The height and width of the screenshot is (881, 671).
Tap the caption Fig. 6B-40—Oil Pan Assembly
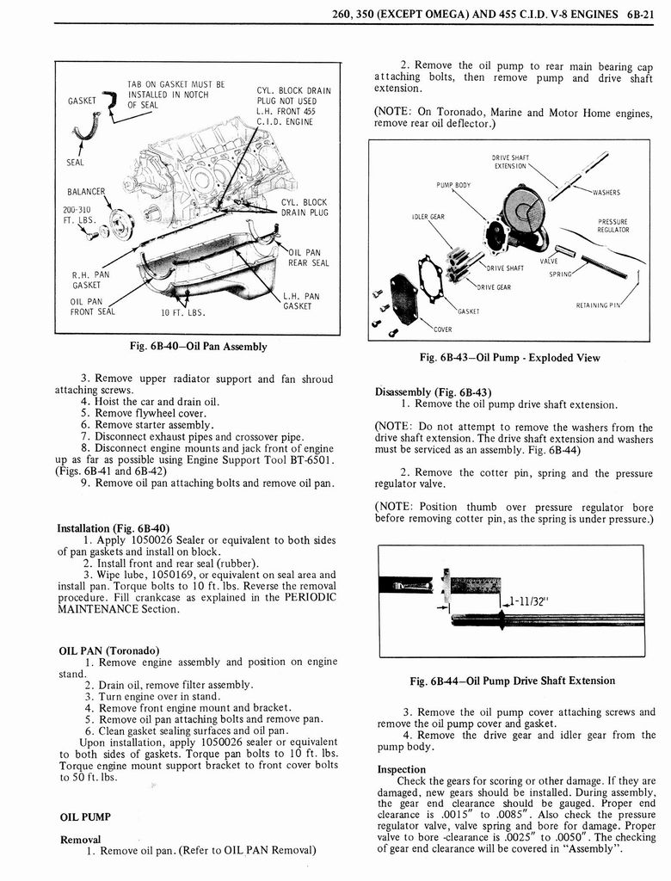point(197,347)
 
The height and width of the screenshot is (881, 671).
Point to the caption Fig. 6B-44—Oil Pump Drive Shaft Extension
point(514,681)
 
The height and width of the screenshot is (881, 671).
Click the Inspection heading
point(402,769)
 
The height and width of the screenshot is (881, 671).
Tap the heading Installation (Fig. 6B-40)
point(113,527)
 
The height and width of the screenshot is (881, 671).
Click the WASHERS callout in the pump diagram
point(608,193)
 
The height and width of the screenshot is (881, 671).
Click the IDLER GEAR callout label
point(428,216)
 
